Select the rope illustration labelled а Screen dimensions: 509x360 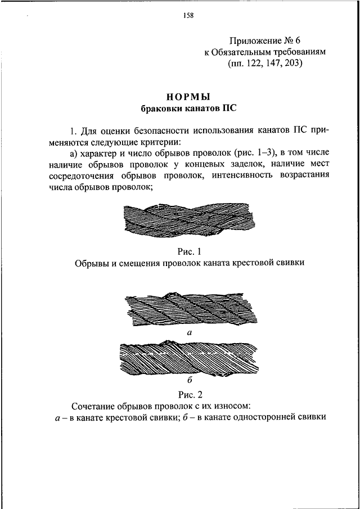[x=188, y=310]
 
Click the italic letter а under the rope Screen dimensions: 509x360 [x=189, y=333]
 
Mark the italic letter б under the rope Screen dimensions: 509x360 [x=189, y=380]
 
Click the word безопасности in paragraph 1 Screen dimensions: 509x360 [x=156, y=131]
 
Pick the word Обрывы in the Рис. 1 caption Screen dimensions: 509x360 [x=90, y=262]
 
